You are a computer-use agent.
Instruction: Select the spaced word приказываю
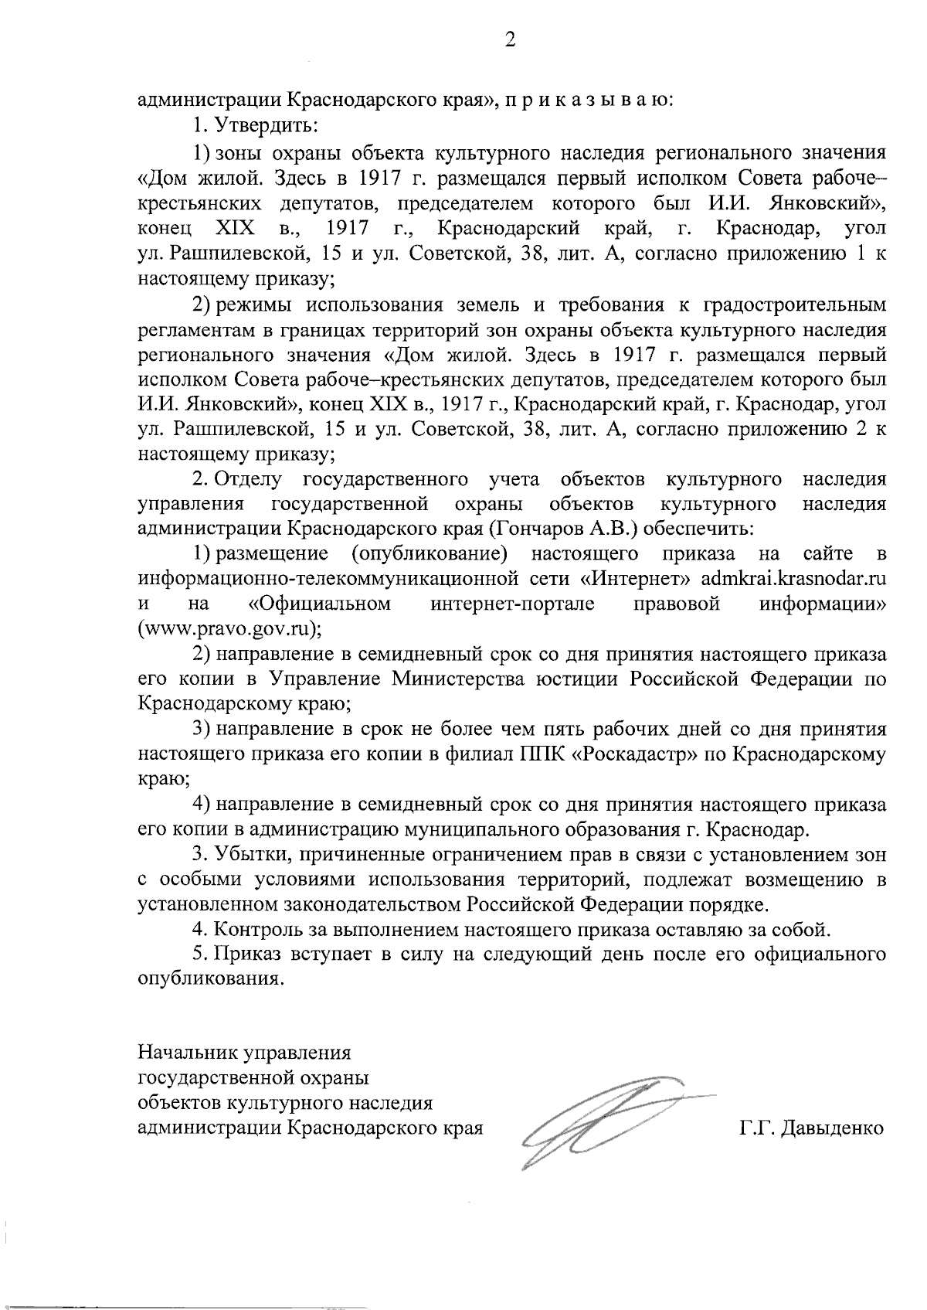(587, 100)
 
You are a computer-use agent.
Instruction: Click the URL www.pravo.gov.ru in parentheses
(229, 628)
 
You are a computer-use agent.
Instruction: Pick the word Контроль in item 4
(252, 928)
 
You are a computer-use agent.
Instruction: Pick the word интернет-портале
(513, 604)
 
